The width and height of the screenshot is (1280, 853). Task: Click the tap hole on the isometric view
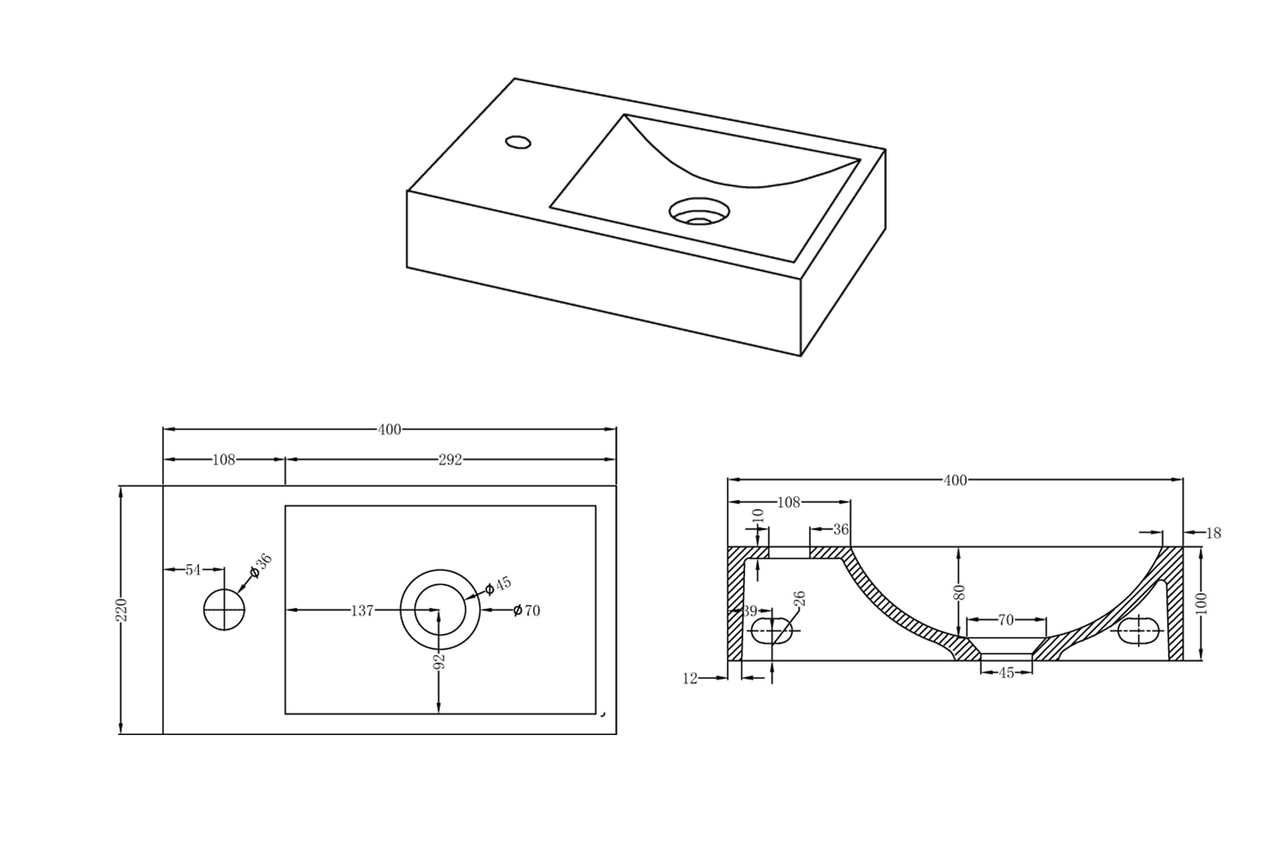pos(518,142)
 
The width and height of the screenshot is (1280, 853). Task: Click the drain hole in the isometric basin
pos(699,211)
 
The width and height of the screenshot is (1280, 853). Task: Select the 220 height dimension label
pos(121,610)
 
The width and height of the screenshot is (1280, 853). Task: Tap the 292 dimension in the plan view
pos(450,460)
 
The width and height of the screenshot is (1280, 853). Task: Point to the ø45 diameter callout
pos(498,586)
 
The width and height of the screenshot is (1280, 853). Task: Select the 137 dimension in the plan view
pos(362,610)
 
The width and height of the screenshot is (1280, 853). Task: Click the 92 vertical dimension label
pos(439,661)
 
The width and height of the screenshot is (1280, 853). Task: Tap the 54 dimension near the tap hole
pos(193,570)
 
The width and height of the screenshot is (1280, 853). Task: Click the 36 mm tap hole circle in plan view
pos(224,609)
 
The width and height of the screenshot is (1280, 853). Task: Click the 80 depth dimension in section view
pos(959,592)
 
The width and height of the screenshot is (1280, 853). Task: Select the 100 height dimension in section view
pos(1201,604)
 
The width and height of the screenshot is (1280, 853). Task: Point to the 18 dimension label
pos(1213,533)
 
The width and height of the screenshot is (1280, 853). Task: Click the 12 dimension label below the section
pos(690,678)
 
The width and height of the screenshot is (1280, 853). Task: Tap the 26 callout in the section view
pos(801,598)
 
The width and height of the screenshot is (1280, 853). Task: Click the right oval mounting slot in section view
pos(1139,630)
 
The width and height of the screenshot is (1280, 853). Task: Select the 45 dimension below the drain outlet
pos(1006,673)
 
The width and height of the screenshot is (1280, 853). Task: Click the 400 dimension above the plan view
pos(389,430)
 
